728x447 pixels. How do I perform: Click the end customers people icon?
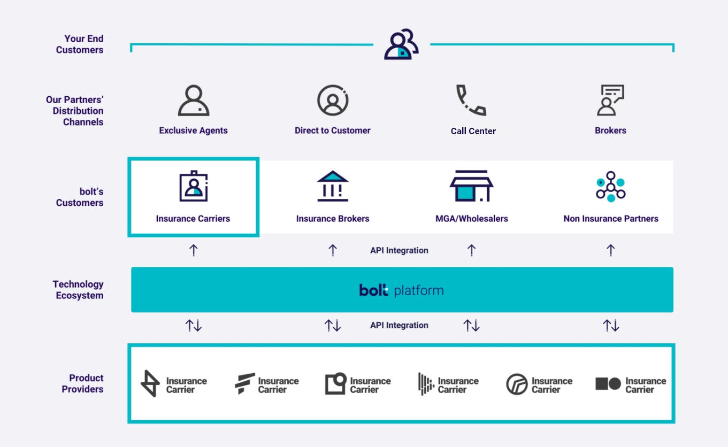click(401, 44)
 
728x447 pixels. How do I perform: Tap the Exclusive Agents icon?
click(194, 101)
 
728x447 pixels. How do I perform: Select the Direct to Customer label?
click(333, 130)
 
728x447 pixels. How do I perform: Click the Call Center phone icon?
click(471, 101)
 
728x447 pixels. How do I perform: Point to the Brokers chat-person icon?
click(610, 101)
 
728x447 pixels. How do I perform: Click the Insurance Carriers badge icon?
click(194, 186)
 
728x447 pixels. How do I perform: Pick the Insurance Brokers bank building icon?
click(333, 186)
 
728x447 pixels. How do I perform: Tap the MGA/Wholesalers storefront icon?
click(472, 186)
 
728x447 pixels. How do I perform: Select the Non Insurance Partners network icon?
click(611, 187)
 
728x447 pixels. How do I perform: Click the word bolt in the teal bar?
click(373, 290)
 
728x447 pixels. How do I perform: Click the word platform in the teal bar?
click(419, 290)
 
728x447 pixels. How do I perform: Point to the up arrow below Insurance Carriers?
click(194, 250)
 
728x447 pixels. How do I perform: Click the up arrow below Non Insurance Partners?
click(611, 250)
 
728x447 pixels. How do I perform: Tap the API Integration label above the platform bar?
click(399, 250)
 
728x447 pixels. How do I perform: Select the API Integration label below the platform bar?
click(399, 325)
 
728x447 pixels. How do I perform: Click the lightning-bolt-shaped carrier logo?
click(150, 383)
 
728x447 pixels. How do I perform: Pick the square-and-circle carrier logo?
click(608, 384)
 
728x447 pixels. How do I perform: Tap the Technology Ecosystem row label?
click(78, 290)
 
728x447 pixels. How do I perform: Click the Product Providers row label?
click(82, 383)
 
